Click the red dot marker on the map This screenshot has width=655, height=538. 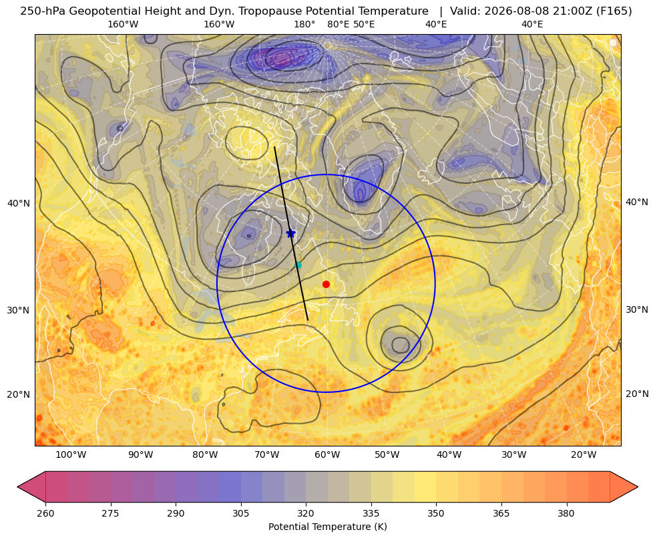point(326,284)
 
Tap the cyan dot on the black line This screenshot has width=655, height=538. point(298,265)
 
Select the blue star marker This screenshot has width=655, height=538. point(290,233)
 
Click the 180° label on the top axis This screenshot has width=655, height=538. point(304,24)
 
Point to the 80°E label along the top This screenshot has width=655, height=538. point(339,24)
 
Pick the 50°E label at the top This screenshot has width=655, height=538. point(364,24)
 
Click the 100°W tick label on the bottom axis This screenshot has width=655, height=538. point(71,454)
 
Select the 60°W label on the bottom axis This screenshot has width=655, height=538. point(327,454)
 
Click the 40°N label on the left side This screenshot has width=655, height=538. point(19,203)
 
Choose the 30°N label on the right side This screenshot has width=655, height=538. point(637,309)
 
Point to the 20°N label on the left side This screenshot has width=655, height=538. point(19,394)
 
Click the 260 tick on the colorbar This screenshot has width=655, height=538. point(45,513)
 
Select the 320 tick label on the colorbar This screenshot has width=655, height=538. point(306,513)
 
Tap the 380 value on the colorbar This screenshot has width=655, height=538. point(566,513)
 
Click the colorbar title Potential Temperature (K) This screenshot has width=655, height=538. point(327,527)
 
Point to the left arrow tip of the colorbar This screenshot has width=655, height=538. point(17,487)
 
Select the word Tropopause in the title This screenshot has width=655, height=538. point(283,11)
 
